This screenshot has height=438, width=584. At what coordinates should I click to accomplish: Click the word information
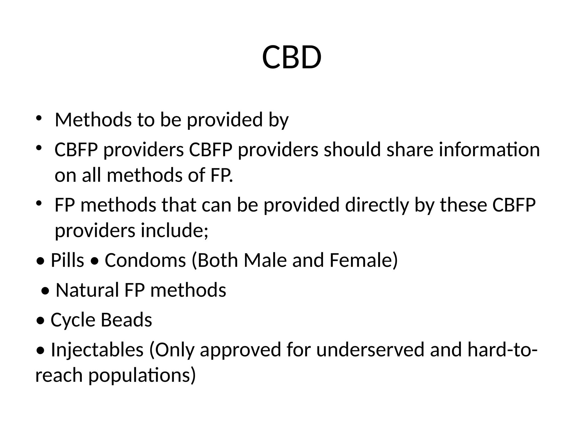tap(489, 150)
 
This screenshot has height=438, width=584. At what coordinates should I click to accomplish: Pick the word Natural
tap(87, 290)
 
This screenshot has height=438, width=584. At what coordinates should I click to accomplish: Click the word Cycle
tap(73, 320)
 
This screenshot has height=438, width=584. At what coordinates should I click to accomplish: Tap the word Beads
tap(126, 320)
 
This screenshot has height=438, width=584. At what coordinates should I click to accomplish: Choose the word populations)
tap(142, 375)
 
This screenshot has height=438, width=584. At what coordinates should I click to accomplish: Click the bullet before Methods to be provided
tap(39, 118)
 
